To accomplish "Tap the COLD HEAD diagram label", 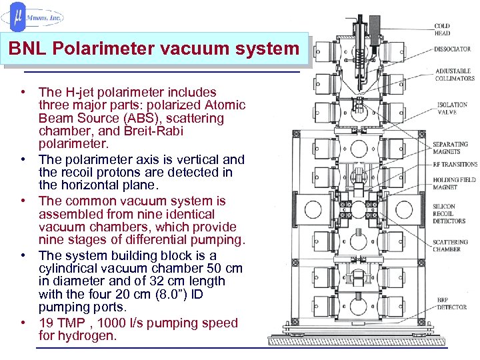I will point(443,29).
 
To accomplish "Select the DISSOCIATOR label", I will point(453,49).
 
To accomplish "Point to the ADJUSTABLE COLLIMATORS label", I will point(455,74).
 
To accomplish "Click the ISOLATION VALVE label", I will point(453,108).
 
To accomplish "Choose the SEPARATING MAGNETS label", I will point(450,147).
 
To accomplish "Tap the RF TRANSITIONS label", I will point(455,164).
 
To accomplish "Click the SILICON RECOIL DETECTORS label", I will point(450,213).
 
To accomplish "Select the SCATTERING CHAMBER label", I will point(450,245).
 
